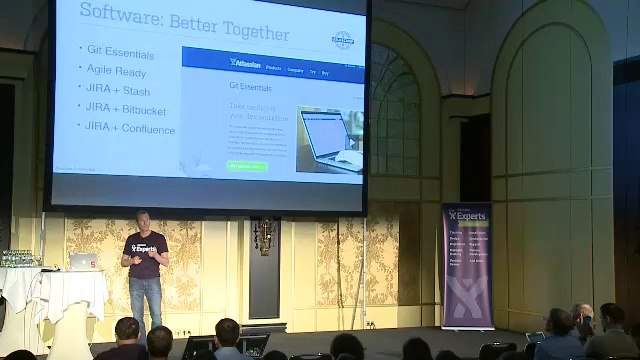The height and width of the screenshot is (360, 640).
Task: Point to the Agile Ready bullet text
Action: [117, 71]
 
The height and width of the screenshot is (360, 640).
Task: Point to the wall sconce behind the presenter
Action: [262, 235]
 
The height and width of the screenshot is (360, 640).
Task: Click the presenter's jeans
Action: [146, 300]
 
